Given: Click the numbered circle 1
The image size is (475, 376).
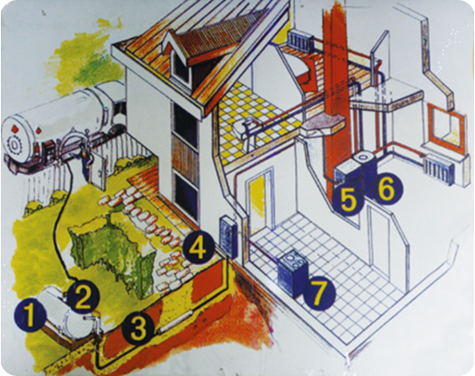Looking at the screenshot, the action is [x=30, y=317].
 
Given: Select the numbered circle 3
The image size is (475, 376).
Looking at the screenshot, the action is [x=139, y=330].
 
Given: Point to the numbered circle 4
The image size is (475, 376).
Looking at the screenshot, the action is [x=198, y=248].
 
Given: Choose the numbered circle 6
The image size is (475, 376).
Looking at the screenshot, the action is [x=387, y=190].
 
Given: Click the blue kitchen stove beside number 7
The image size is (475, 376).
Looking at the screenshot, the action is [x=293, y=272].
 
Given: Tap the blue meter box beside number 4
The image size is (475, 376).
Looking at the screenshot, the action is [x=228, y=237].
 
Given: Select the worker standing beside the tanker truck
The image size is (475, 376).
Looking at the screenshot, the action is [x=85, y=163].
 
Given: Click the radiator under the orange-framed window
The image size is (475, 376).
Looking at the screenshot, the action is [x=439, y=169].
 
